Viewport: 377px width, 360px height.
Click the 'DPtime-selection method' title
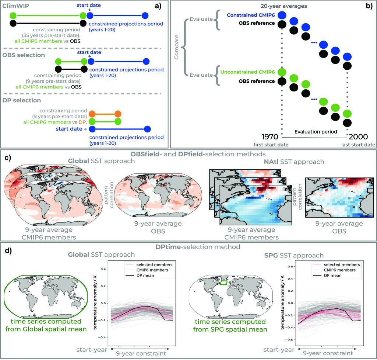[x=188, y=246]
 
